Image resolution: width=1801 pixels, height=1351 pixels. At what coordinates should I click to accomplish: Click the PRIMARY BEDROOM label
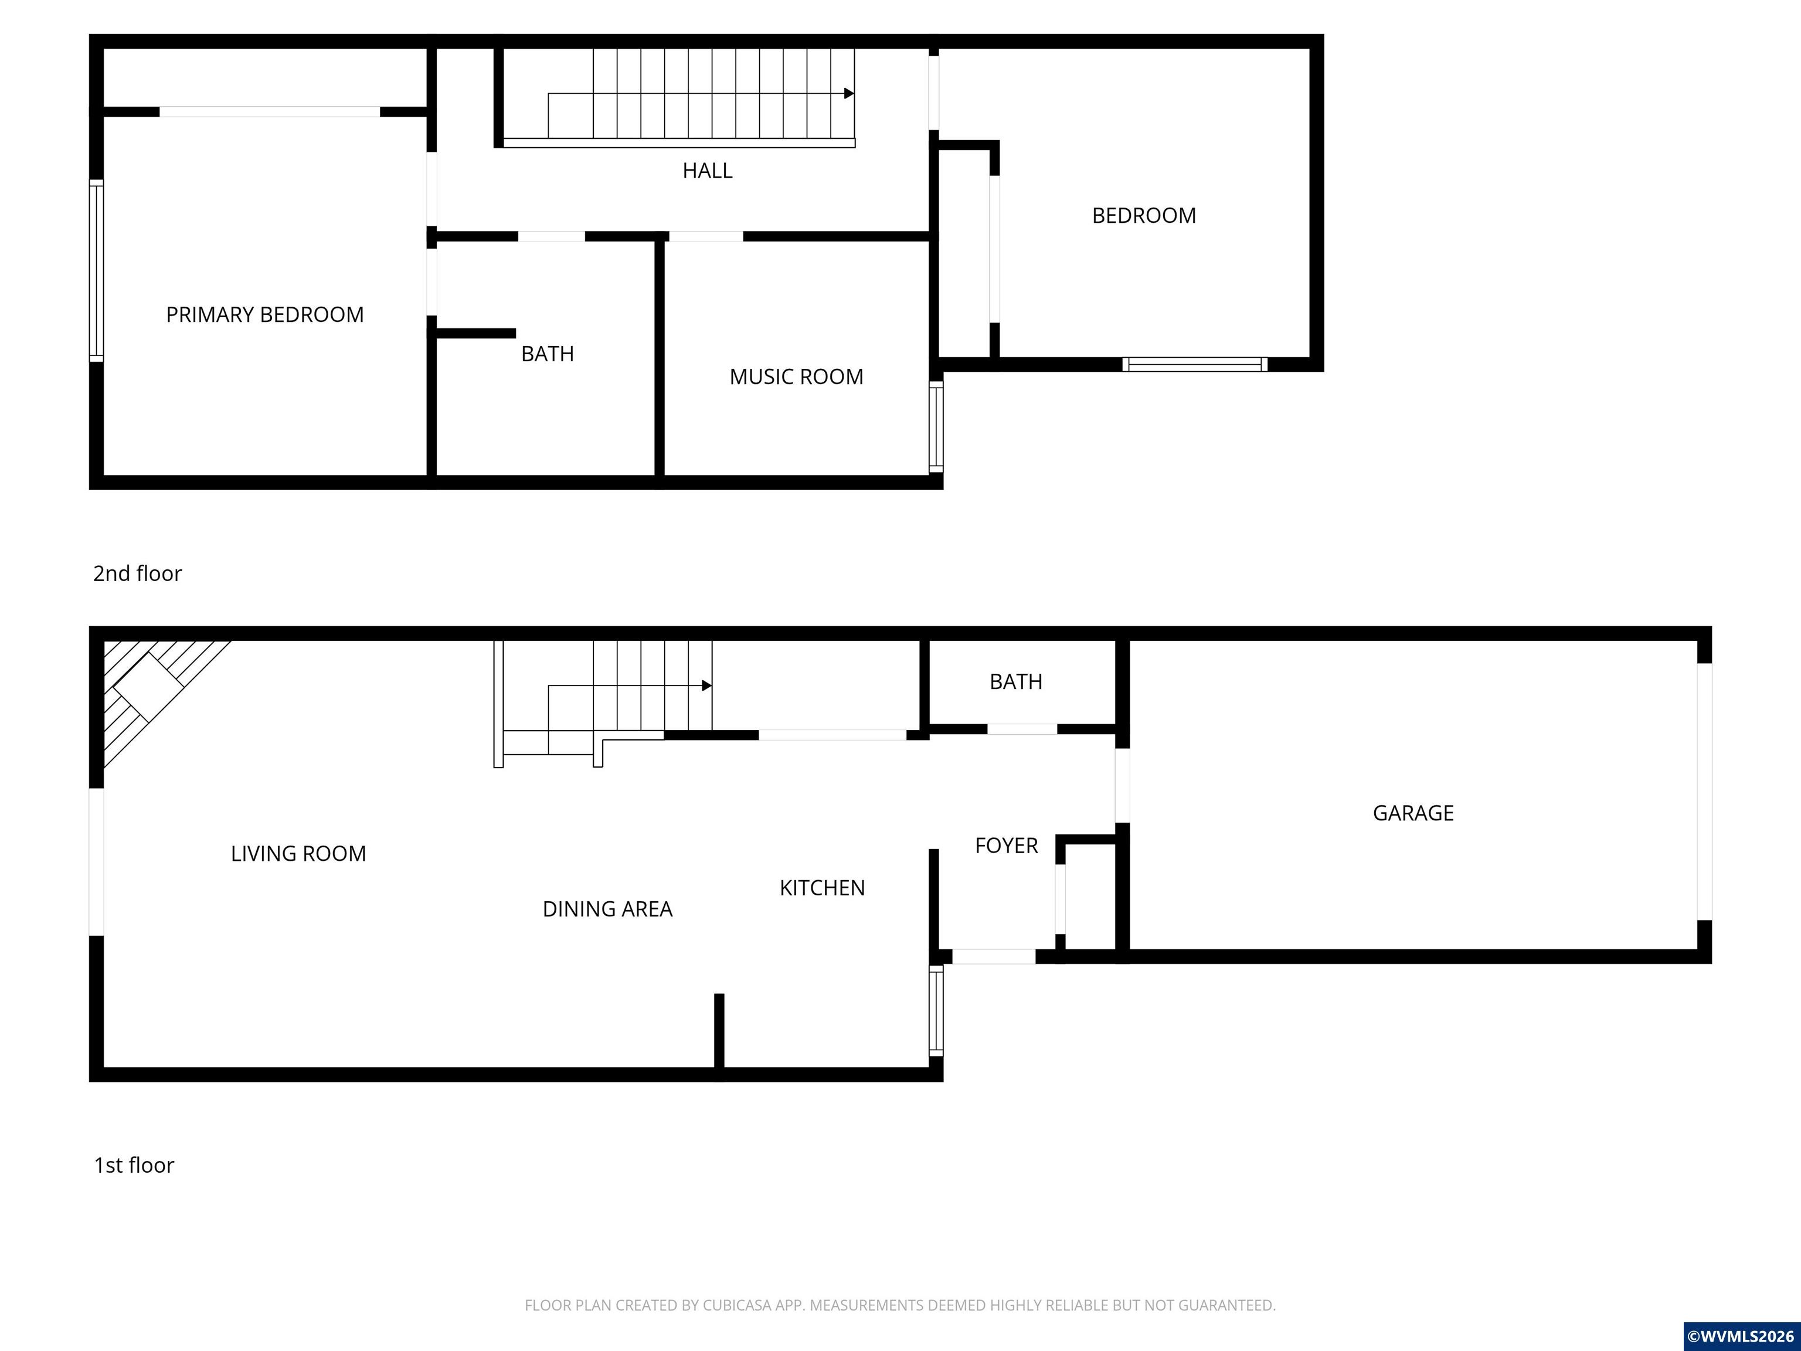[x=264, y=314]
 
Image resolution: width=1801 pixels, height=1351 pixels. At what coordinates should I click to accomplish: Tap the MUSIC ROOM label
[x=796, y=376]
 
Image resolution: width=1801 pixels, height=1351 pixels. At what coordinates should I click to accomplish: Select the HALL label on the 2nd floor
[x=708, y=170]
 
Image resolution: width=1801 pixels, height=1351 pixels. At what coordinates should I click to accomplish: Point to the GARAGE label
[x=1413, y=813]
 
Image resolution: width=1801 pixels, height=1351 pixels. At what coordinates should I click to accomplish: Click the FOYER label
[x=1007, y=846]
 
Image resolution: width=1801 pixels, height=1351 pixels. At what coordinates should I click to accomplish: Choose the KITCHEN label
[x=823, y=888]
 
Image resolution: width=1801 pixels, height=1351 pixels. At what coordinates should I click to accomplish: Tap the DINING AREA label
[x=607, y=909]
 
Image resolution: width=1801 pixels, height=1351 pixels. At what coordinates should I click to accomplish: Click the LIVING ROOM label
[x=298, y=853]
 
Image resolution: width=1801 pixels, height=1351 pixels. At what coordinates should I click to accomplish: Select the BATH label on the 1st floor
[x=1016, y=681]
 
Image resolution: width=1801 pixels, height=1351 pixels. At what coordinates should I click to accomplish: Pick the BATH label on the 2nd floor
[x=547, y=354]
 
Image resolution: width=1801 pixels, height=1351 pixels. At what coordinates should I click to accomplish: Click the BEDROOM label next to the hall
[x=1144, y=215]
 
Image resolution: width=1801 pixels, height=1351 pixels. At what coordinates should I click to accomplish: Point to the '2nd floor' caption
[x=138, y=573]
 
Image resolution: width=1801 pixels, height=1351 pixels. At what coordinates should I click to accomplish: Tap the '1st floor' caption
[x=134, y=1165]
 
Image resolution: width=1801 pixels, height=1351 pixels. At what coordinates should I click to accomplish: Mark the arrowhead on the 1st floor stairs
[x=706, y=685]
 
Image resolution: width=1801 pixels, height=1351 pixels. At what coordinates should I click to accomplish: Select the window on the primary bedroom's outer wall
[x=96, y=270]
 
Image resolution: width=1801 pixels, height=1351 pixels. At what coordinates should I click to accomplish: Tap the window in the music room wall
[x=936, y=427]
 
